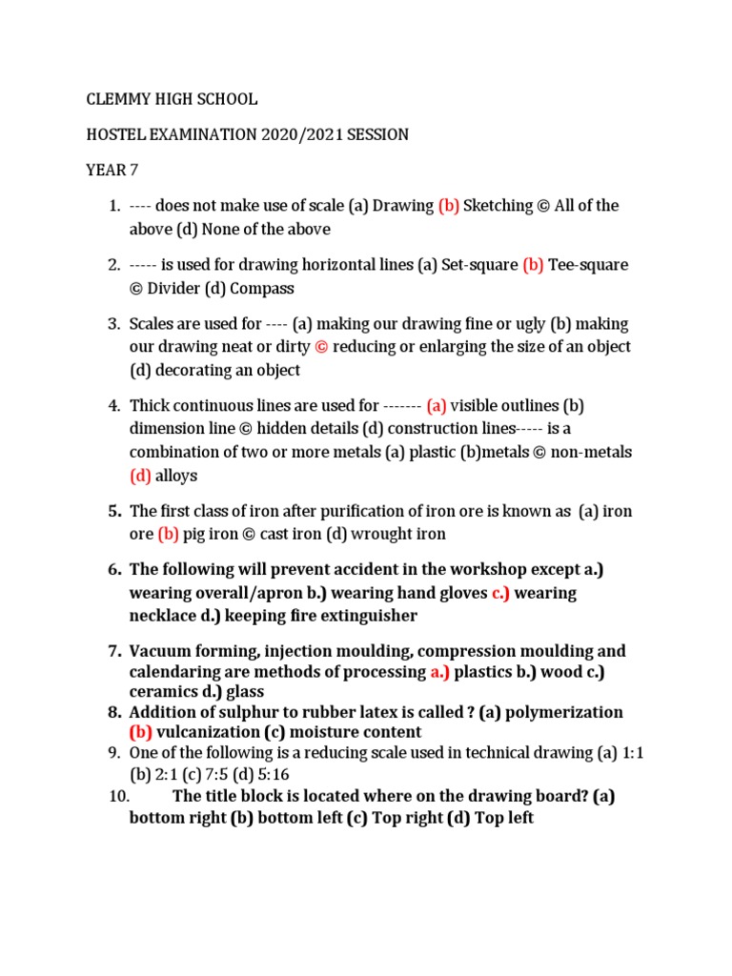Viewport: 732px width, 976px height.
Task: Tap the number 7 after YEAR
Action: tap(120, 171)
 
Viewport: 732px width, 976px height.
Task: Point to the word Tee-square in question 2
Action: tap(588, 265)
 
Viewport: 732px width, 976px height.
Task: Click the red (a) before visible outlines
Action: tap(437, 406)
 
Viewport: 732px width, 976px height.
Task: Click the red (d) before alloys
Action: tap(140, 476)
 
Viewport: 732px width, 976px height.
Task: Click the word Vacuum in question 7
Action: tap(159, 652)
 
